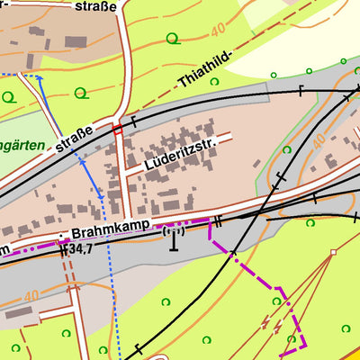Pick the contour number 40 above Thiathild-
click(x=216, y=31)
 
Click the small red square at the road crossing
click(x=116, y=130)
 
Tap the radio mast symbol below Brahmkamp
click(x=173, y=239)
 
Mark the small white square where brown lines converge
click(x=332, y=252)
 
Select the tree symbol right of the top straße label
click(x=171, y=37)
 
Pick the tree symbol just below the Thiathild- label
click(x=214, y=81)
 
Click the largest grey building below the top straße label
click(x=72, y=41)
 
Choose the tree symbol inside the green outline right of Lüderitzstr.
click(x=287, y=149)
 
